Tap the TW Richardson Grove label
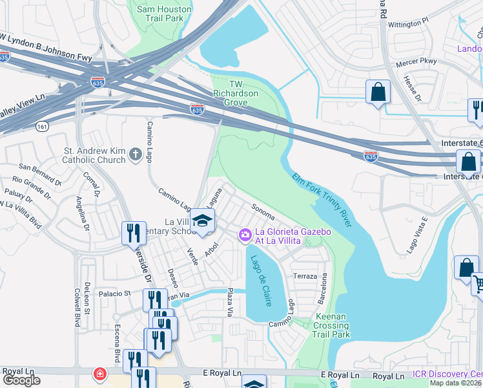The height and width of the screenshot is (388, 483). (236, 93)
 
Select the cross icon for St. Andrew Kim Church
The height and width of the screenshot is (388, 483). (135, 154)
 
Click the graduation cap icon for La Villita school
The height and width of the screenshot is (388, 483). (202, 221)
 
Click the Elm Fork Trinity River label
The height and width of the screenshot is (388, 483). (321, 200)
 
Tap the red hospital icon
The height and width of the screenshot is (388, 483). (101, 374)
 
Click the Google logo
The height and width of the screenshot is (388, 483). (21, 380)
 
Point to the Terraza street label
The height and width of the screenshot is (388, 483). (305, 276)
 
